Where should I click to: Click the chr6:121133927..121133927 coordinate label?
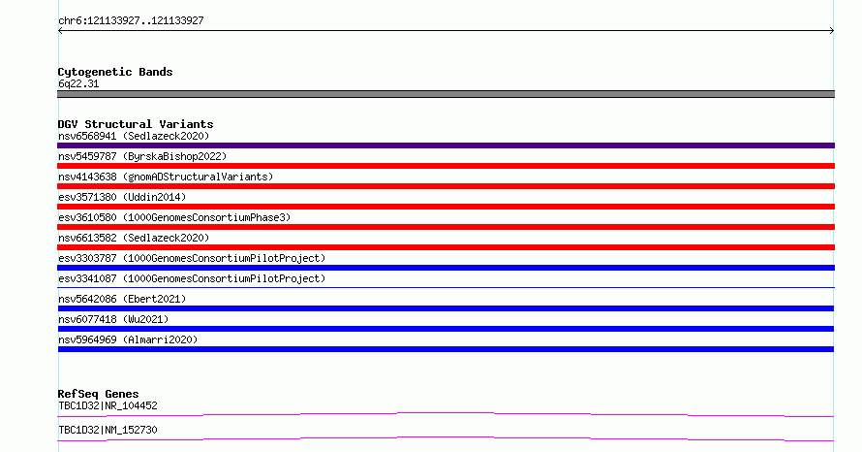[x=131, y=21]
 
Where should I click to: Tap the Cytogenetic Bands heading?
[x=115, y=72]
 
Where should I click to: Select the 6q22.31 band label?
[x=78, y=83]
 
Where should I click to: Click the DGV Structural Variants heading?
[x=136, y=124]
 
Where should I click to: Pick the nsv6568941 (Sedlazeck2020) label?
[x=134, y=136]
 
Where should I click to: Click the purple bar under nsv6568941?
[x=446, y=145]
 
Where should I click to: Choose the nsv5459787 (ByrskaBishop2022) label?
[x=142, y=156]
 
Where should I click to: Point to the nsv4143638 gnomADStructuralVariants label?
[x=166, y=177]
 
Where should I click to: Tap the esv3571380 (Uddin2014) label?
[x=122, y=197]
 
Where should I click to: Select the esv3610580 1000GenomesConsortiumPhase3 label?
[x=174, y=217]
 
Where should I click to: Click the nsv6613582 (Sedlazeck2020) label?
[x=134, y=238]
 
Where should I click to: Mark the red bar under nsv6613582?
[x=446, y=247]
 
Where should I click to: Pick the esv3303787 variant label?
[x=192, y=258]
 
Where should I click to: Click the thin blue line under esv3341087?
[x=446, y=287]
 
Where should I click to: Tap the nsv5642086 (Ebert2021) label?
[x=122, y=299]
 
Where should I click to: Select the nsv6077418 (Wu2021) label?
[x=113, y=319]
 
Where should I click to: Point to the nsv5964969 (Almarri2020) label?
[x=128, y=339]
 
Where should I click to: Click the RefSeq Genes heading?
[x=99, y=394]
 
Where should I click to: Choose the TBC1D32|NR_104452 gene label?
[x=108, y=405]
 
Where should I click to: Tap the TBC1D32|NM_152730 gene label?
[x=108, y=430]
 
